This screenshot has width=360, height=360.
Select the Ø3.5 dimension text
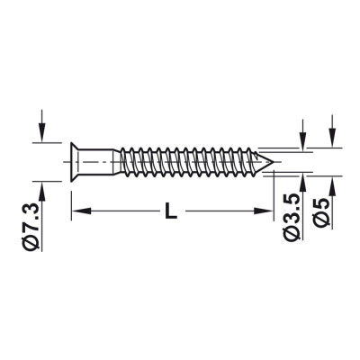pyautogui.click(x=292, y=217)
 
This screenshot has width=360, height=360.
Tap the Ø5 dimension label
pyautogui.click(x=320, y=211)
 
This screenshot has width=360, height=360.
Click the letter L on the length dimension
pyautogui.click(x=171, y=211)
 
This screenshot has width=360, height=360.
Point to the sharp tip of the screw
pyautogui.click(x=273, y=162)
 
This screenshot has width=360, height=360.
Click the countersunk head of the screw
pyautogui.click(x=74, y=162)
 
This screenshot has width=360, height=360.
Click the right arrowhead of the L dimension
pyautogui.click(x=264, y=211)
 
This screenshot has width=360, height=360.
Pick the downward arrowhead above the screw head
pyautogui.click(x=42, y=132)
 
